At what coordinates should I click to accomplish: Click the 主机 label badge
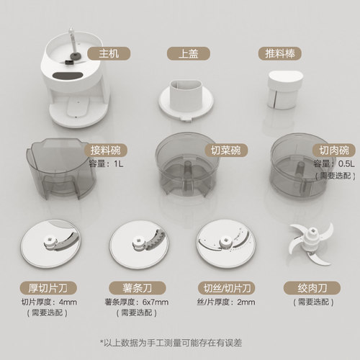click(x=102, y=53)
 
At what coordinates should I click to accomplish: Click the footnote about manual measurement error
click(x=180, y=341)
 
